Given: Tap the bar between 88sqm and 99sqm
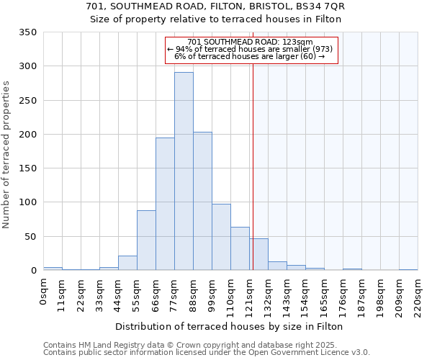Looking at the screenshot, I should pyautogui.click(x=202, y=201).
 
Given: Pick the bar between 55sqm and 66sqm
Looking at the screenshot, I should pyautogui.click(x=146, y=240).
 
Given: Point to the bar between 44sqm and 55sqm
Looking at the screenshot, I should pyautogui.click(x=127, y=263).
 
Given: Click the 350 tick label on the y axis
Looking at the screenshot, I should pyautogui.click(x=27, y=32).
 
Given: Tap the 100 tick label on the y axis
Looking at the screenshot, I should pyautogui.click(x=27, y=202).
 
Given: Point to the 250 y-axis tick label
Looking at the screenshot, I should pyautogui.click(x=27, y=101).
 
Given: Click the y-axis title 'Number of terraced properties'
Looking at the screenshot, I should pyautogui.click(x=6, y=155).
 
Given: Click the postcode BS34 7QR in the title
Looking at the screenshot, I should pyautogui.click(x=318, y=6).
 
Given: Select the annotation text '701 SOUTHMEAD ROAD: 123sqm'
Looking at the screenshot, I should pyautogui.click(x=249, y=42).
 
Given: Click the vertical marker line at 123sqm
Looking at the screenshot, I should pyautogui.click(x=253, y=144).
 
